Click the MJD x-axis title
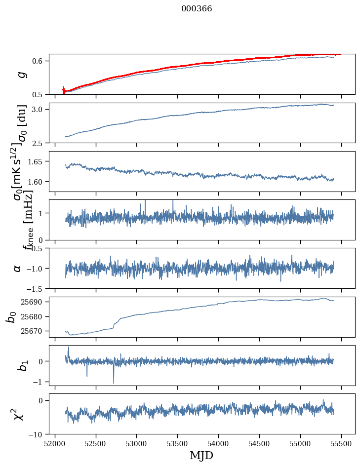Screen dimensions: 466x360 click(201, 455)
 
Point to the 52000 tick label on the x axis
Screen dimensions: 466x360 click(55, 443)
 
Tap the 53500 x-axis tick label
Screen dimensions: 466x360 click(178, 443)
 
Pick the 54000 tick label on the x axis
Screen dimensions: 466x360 click(219, 443)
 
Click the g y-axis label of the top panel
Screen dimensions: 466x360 click(21, 74)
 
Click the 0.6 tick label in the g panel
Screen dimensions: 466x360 click(40, 61)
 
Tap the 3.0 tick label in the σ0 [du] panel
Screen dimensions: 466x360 click(40, 109)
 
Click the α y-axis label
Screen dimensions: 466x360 click(18, 268)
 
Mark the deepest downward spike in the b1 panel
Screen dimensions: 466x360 click(114, 383)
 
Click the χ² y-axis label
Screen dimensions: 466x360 click(19, 414)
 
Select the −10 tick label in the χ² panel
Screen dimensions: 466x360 click(38, 434)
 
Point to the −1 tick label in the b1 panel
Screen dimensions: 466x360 click(40, 382)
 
